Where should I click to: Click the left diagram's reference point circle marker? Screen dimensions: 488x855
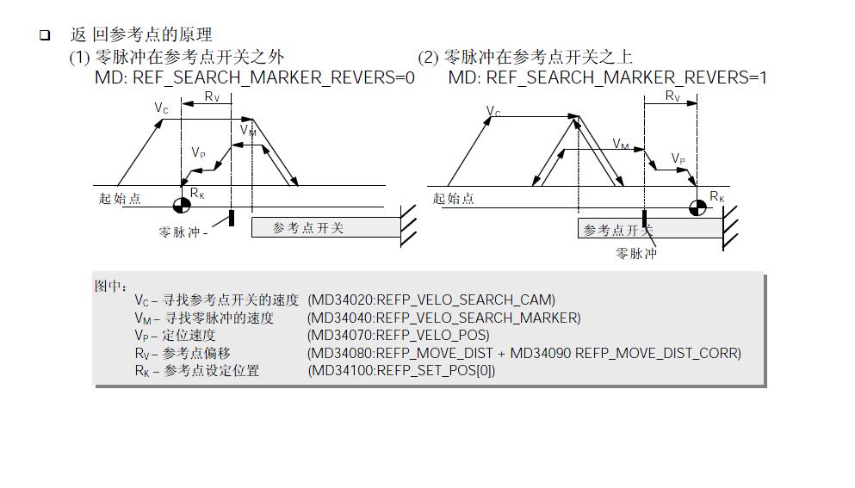pos(182,204)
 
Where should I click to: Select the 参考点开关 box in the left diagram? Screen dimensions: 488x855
pos(325,227)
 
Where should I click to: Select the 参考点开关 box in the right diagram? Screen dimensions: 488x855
pos(650,229)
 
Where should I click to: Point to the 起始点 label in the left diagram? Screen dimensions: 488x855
pos(120,199)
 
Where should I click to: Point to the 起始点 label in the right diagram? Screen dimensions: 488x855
pos(453,199)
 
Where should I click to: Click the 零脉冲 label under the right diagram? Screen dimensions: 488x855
pos(635,254)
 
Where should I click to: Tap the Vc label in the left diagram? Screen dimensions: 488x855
pos(162,108)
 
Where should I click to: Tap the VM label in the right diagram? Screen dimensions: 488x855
pos(621,144)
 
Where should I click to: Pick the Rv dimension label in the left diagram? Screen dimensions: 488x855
pos(212,96)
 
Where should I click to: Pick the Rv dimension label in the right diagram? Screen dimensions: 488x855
pos(672,96)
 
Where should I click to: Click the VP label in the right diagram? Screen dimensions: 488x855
pos(678,159)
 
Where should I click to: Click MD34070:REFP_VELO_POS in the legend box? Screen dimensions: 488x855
pos(398,336)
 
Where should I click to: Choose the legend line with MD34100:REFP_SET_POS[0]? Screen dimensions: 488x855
pos(401,371)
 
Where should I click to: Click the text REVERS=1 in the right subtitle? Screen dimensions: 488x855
pos(730,78)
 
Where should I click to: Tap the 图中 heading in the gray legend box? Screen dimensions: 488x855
pos(111,286)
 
